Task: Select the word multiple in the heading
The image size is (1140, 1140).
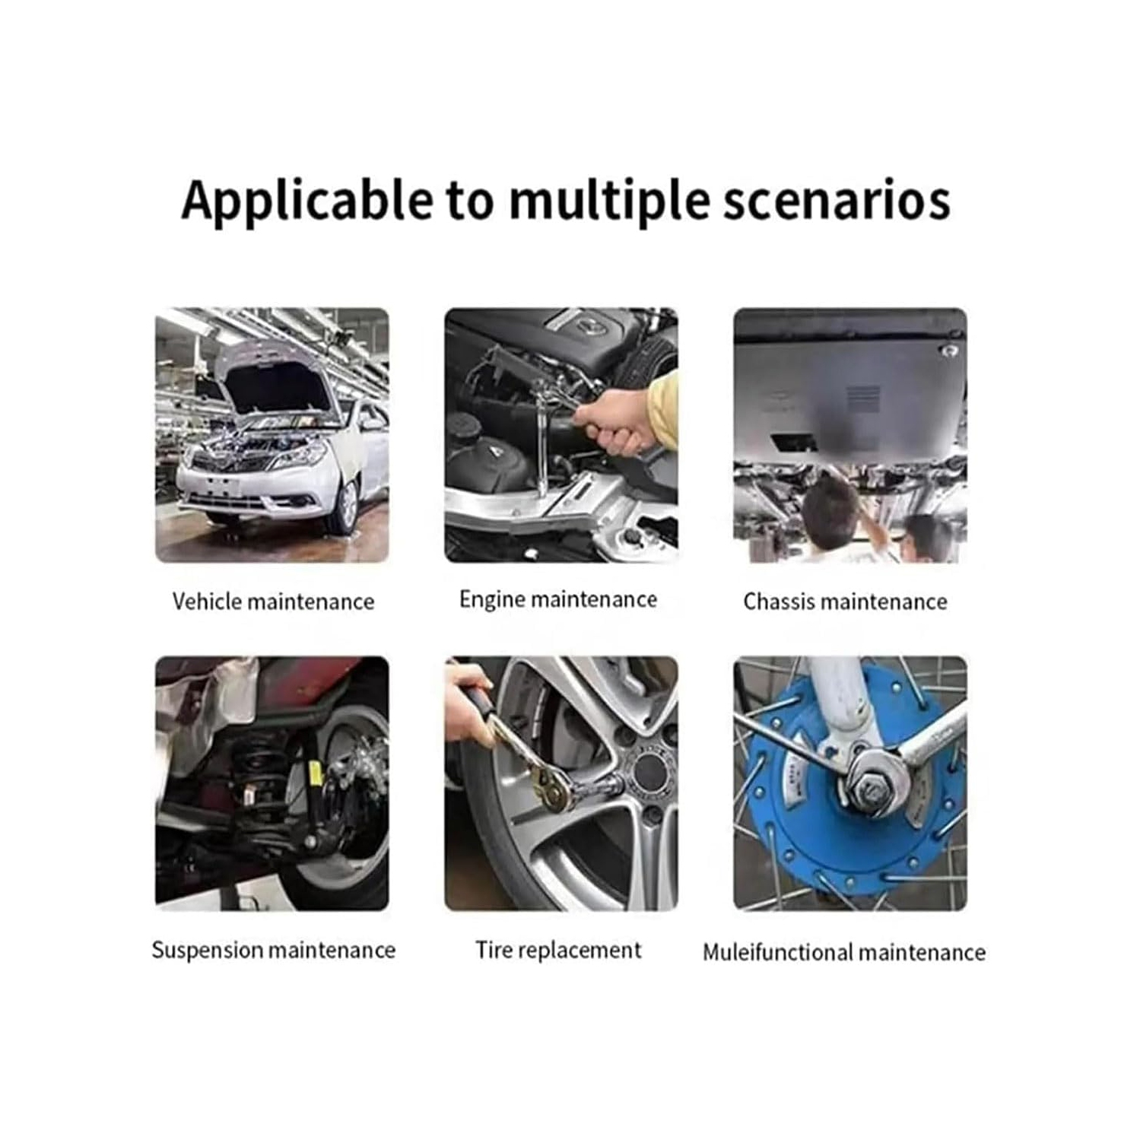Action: [608, 201]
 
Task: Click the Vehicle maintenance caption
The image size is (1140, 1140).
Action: [273, 602]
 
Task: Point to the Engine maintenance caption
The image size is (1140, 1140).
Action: [558, 600]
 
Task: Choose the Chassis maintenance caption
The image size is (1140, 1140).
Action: [845, 602]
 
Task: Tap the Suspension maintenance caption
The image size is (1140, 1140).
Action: [273, 951]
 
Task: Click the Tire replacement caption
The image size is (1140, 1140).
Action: [558, 951]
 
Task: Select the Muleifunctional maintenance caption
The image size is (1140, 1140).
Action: [844, 952]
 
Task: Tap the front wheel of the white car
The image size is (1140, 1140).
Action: [346, 506]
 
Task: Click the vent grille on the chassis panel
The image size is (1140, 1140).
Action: [862, 398]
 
